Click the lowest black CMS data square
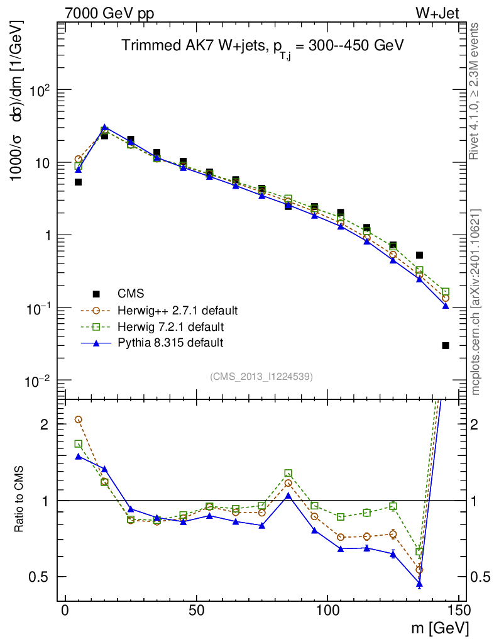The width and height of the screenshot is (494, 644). (x=446, y=345)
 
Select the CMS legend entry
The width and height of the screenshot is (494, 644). (x=131, y=294)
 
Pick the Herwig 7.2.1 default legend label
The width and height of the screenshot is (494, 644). (x=170, y=326)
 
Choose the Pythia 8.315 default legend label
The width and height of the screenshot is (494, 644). (x=170, y=343)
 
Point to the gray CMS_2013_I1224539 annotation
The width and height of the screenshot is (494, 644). (x=261, y=376)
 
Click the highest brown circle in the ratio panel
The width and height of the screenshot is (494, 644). (x=79, y=419)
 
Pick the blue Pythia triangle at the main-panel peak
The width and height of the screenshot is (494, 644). (x=104, y=128)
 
